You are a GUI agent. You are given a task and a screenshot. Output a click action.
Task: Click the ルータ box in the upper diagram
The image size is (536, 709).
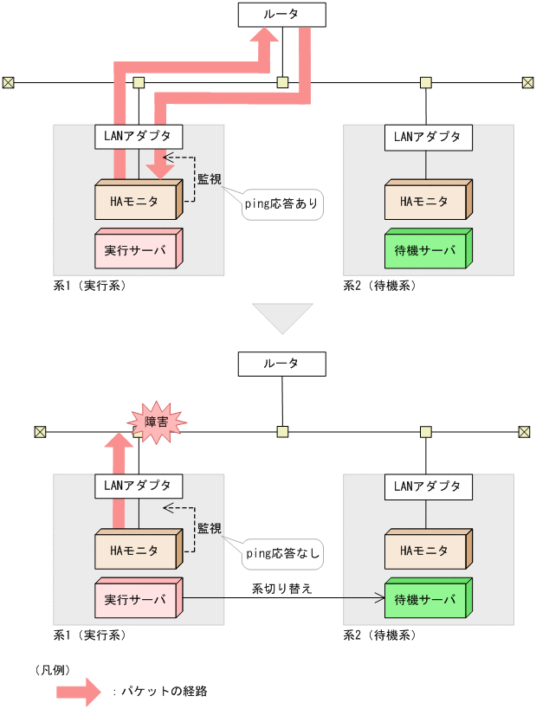tap(281, 14)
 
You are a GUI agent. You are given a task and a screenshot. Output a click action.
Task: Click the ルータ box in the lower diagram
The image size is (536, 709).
tap(281, 364)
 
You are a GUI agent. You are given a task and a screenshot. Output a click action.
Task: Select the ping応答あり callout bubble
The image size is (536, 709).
tap(282, 205)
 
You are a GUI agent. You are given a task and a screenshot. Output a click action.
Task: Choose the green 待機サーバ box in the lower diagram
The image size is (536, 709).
tap(425, 599)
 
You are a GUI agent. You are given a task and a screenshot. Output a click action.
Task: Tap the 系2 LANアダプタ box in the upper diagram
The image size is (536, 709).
tap(428, 136)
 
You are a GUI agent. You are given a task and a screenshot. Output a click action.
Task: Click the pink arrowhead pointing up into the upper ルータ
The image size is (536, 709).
tap(267, 38)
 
